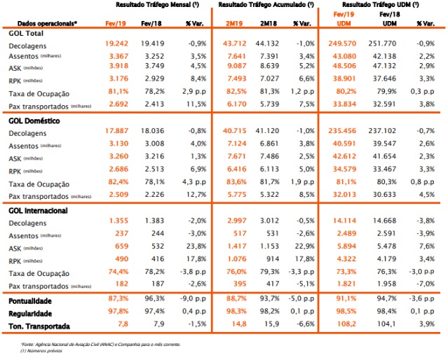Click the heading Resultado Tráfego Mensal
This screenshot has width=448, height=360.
click(158, 5)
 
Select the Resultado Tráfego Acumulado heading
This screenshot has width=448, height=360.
click(266, 5)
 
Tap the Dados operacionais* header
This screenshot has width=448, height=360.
click(47, 23)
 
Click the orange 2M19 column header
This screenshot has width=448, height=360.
click(233, 23)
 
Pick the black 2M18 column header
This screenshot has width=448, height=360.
click(269, 23)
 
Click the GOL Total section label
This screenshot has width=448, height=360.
click(26, 34)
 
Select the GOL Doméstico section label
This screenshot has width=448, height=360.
click(34, 120)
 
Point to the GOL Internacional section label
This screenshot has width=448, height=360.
click(38, 211)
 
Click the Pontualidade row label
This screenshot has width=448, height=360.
click(30, 301)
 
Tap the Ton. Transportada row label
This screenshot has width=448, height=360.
click(39, 326)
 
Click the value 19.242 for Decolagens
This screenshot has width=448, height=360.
click(116, 43)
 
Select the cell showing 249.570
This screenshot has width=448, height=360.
click(342, 43)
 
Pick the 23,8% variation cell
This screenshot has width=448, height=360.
click(196, 246)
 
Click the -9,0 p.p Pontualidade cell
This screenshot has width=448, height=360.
click(193, 298)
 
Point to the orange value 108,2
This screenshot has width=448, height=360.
click(346, 324)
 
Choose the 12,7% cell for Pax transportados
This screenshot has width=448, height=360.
click(196, 195)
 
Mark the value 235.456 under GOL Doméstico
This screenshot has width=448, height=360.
click(342, 131)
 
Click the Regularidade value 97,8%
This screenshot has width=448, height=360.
click(118, 311)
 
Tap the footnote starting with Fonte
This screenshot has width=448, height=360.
click(100, 345)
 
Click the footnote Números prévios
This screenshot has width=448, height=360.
click(41, 351)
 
